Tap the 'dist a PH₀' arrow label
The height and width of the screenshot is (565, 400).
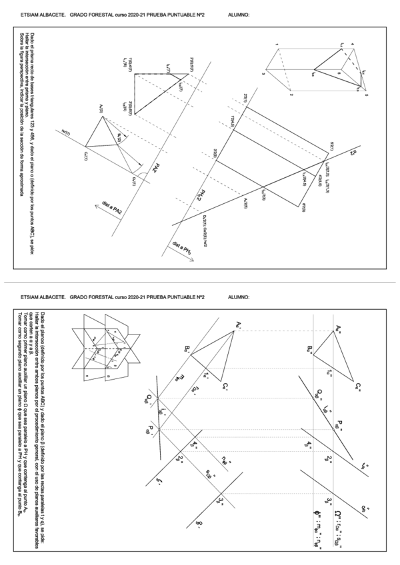(181, 251)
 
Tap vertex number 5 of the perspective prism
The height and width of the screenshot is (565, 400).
(366, 96)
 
